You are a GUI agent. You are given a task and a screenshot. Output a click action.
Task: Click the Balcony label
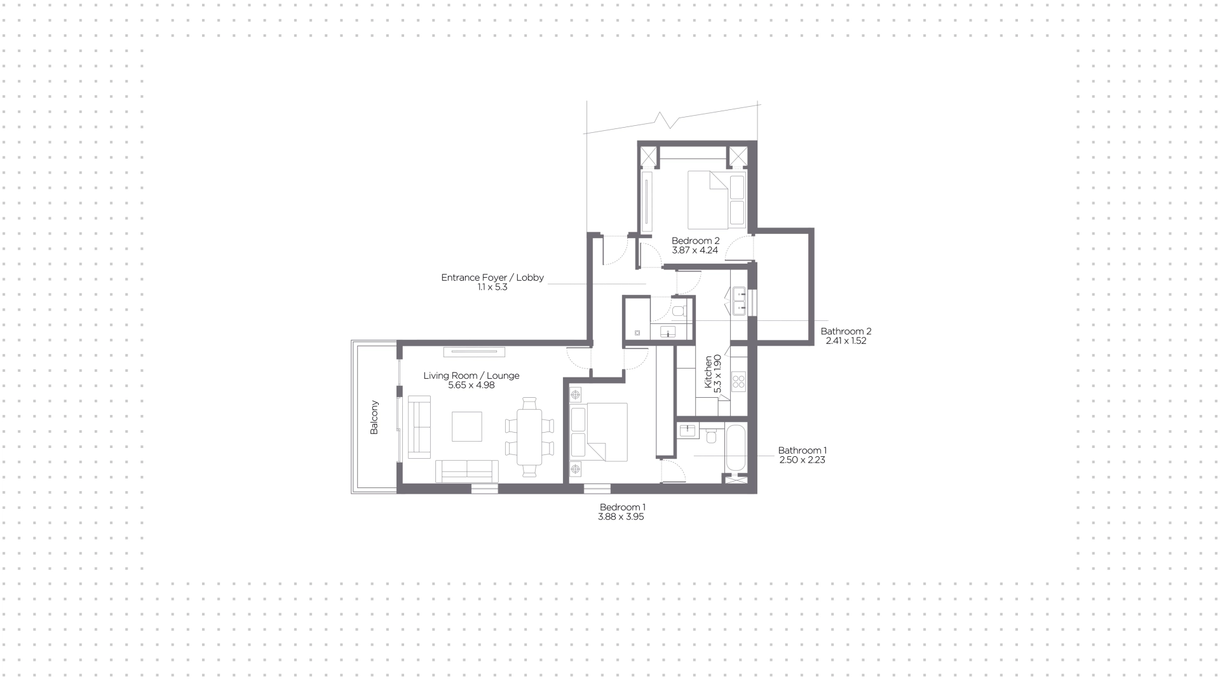[x=374, y=417]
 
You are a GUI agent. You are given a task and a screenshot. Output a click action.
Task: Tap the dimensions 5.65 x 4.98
[x=471, y=385]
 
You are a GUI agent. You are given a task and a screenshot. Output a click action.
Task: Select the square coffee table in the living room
[x=467, y=426]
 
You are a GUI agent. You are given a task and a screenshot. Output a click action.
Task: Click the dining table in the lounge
[x=529, y=437]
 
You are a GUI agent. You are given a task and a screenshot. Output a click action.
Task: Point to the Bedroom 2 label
[x=696, y=241]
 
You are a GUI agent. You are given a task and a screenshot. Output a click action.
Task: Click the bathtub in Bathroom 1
[x=736, y=448]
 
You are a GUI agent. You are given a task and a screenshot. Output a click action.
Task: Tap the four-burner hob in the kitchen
[x=738, y=381]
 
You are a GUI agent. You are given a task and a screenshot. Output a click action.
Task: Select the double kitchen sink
[x=739, y=301]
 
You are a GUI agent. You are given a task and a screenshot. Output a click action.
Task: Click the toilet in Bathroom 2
[x=679, y=310]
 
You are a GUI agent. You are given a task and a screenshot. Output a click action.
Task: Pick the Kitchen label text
[x=708, y=372]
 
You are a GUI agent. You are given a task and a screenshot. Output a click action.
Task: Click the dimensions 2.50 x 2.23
[x=802, y=460]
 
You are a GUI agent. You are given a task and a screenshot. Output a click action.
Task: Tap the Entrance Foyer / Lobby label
[x=492, y=278]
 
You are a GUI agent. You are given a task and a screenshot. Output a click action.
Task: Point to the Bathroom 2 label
[x=846, y=331]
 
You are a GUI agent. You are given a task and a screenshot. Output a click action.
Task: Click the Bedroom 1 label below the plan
[x=623, y=507]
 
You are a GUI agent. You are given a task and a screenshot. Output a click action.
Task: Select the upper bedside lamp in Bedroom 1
[x=576, y=395]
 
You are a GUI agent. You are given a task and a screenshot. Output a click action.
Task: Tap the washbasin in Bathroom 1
[x=688, y=431]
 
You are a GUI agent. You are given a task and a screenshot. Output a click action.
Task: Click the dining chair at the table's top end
[x=529, y=404]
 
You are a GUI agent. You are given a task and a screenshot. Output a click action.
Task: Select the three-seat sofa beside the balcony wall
[x=419, y=426]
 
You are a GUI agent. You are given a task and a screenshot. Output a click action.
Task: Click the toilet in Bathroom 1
[x=712, y=436]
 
